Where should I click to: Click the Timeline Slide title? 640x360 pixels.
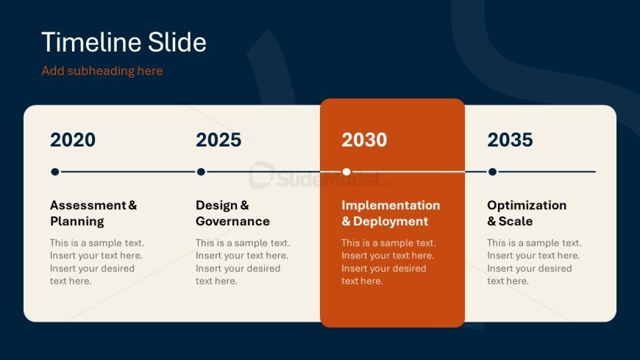(x=124, y=42)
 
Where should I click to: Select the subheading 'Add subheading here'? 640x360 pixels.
(x=102, y=71)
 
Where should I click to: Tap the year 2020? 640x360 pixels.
(x=73, y=140)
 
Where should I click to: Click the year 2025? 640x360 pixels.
(x=218, y=140)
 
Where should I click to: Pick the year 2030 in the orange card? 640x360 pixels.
(x=364, y=140)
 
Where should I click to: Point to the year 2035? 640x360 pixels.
(x=510, y=140)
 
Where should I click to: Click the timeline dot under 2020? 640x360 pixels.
(x=55, y=172)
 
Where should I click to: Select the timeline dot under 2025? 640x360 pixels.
(x=201, y=172)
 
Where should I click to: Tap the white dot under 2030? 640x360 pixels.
(x=346, y=172)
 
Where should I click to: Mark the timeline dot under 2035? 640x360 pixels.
(x=493, y=172)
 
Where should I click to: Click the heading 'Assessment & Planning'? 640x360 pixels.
(x=93, y=213)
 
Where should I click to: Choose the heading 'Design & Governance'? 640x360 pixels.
(x=232, y=213)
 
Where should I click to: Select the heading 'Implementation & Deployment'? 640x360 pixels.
(x=391, y=213)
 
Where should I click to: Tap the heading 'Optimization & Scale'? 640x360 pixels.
(x=527, y=213)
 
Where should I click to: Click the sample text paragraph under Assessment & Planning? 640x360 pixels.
(x=97, y=262)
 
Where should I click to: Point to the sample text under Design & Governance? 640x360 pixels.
(x=243, y=262)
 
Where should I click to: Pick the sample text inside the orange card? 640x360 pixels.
(x=388, y=262)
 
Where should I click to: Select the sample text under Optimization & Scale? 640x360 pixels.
(x=534, y=262)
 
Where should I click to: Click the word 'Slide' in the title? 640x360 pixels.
(x=177, y=42)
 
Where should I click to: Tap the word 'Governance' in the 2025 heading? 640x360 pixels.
(x=232, y=221)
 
